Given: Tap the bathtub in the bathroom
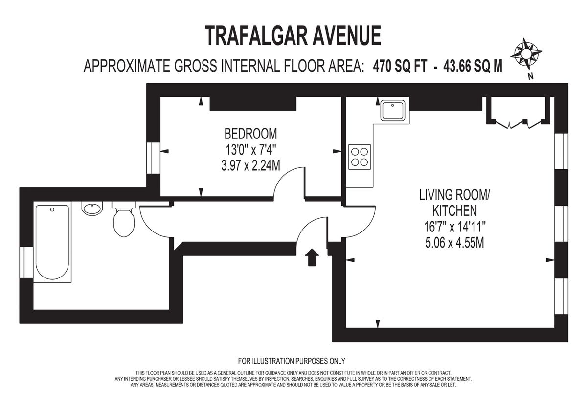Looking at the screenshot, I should pos(52,242).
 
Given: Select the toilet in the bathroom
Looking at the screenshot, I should pos(124,220).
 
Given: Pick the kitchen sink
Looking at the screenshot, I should pos(393,111).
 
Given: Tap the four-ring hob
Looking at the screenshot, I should pos(360,157).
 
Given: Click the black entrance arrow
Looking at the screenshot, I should pos(311,257).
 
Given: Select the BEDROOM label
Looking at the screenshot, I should pos(250,133).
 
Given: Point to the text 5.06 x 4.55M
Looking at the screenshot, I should pos(454,242).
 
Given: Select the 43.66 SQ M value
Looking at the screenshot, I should pos(472,66).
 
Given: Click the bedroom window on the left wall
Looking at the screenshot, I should pos(154,158).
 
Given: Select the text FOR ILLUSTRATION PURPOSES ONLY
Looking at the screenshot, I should pos(292,361).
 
